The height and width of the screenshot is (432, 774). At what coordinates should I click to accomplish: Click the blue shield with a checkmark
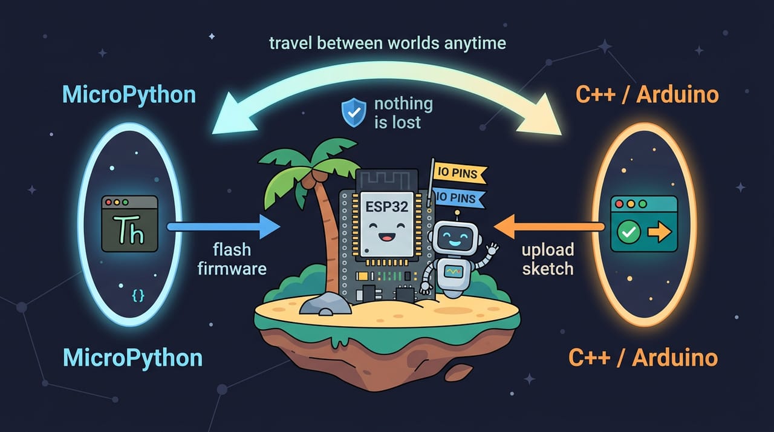pos(354,113)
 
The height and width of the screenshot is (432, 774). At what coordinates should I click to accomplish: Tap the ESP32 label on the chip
pos(386,207)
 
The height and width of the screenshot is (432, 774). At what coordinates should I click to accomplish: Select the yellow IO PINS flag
pos(459,174)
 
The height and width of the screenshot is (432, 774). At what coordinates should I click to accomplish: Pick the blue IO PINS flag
pos(458,198)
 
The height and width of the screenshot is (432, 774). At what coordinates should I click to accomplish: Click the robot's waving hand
pos(492,249)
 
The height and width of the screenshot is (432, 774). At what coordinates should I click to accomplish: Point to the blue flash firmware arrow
pos(224,227)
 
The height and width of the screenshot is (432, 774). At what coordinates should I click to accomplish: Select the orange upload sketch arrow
pos(549,227)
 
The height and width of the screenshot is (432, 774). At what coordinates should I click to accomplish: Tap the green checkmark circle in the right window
pos(628,232)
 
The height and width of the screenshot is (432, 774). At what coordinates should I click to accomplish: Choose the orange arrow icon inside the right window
pos(660,232)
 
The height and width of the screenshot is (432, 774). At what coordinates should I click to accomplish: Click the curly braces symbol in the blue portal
pos(138,295)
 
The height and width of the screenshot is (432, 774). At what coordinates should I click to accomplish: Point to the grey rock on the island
pos(325,304)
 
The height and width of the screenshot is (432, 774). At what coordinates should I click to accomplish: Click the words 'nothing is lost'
pos(403,113)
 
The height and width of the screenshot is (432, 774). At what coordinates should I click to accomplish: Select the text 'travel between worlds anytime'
pos(388,44)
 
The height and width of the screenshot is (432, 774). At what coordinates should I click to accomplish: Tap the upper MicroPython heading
pos(129,94)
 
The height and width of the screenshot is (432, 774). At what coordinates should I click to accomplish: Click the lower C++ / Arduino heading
pos(643,358)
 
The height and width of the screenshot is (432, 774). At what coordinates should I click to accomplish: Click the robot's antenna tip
pos(457,212)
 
